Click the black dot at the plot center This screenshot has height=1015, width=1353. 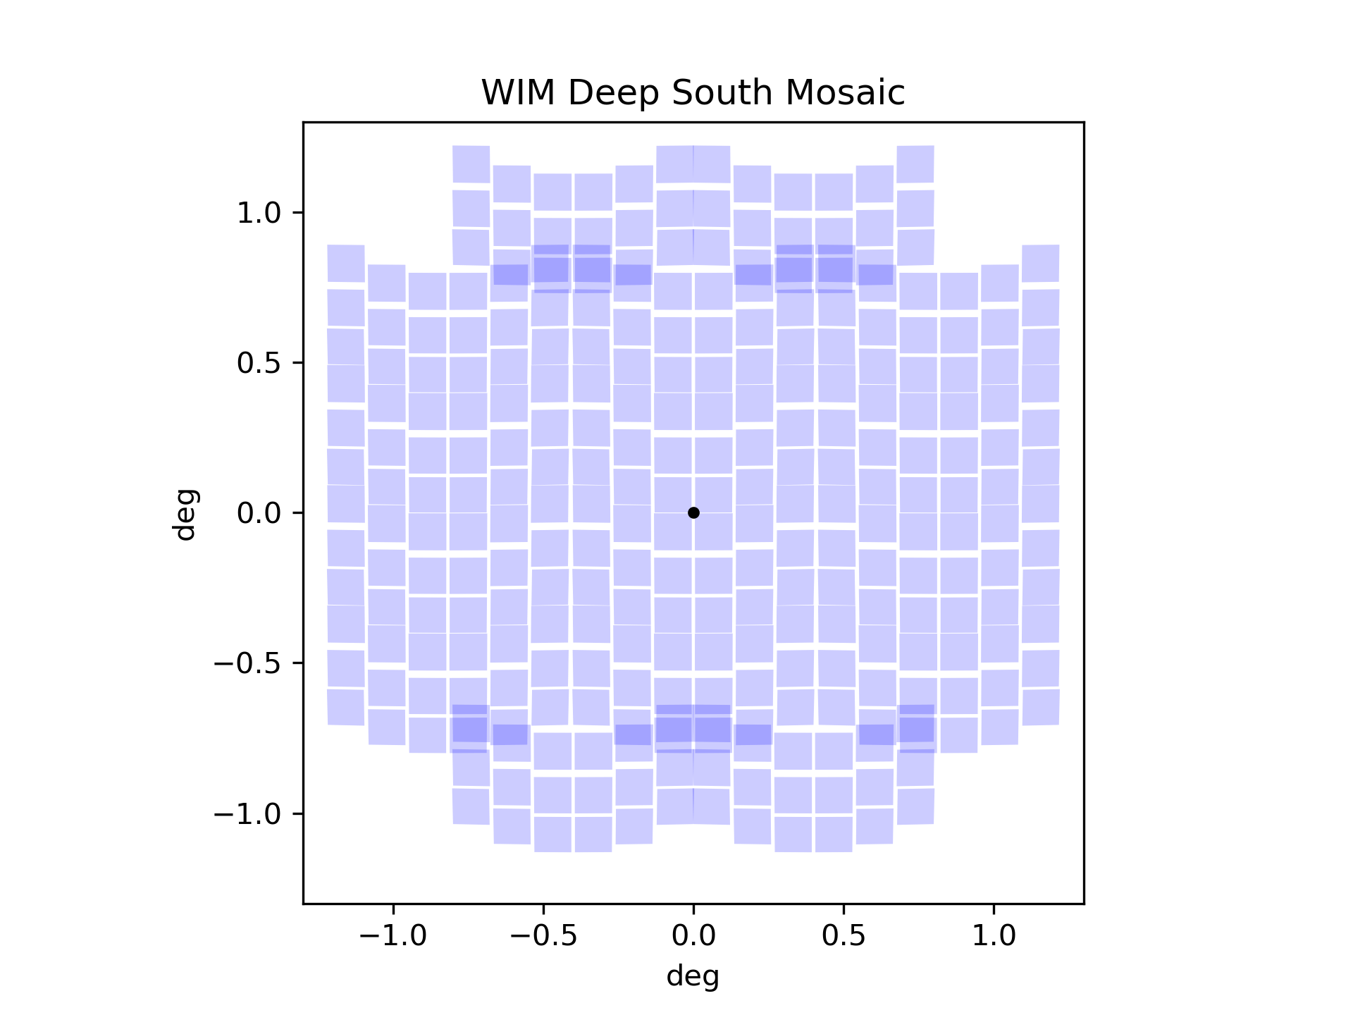click(x=693, y=512)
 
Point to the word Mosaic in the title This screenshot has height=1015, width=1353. click(x=845, y=93)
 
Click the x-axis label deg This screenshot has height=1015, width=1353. click(x=693, y=977)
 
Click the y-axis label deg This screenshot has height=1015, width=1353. click(x=185, y=515)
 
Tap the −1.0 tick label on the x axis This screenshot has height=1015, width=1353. click(x=393, y=936)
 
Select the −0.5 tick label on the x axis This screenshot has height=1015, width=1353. click(x=543, y=936)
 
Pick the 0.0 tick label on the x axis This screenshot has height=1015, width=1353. click(x=693, y=936)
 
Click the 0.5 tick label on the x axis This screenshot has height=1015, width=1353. click(x=844, y=936)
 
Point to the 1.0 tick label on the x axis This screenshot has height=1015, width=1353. click(x=994, y=936)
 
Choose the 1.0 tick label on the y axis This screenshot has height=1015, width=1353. click(x=259, y=213)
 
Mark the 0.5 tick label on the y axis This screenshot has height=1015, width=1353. click(x=259, y=363)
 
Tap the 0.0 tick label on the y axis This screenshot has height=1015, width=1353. click(x=259, y=513)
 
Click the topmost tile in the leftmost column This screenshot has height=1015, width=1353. click(x=346, y=263)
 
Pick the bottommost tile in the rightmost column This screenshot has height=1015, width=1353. click(x=1041, y=707)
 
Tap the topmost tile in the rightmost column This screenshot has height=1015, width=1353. click(x=1041, y=263)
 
